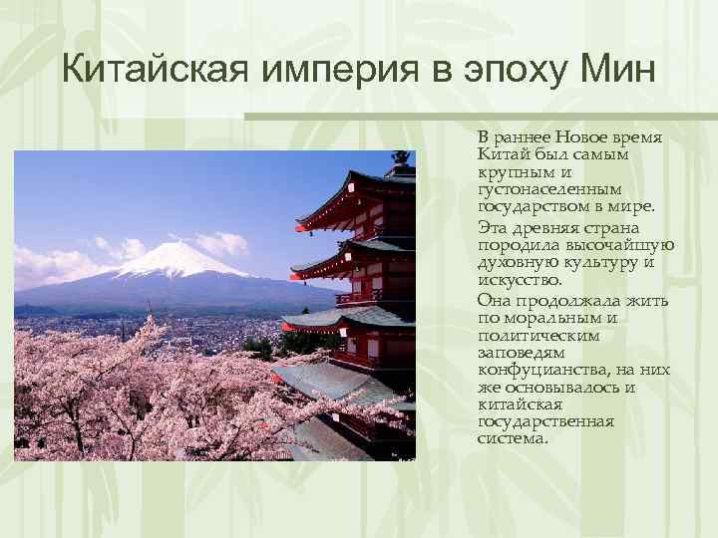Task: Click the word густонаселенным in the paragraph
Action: tap(549, 188)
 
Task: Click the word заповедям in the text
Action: tap(521, 352)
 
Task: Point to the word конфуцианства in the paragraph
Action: tap(539, 370)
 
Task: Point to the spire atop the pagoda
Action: tap(401, 159)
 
